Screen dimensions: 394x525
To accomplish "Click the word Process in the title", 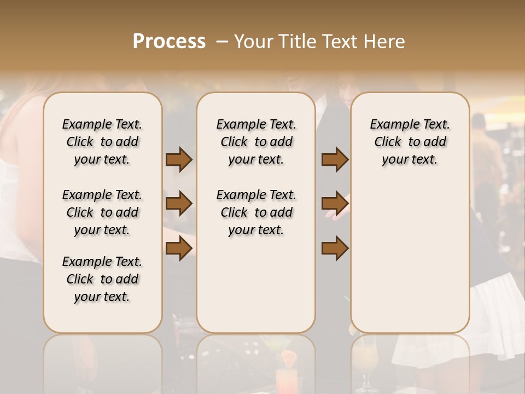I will (x=169, y=41).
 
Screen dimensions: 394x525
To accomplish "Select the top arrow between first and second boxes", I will (x=179, y=160).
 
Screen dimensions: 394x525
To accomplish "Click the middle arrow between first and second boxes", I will (x=179, y=204).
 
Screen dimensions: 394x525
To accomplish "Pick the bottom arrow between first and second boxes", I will (x=179, y=248).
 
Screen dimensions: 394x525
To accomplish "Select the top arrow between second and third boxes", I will (x=335, y=160).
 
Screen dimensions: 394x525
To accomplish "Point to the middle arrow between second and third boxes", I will (x=335, y=204).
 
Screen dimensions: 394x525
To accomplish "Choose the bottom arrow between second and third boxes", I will (x=335, y=248).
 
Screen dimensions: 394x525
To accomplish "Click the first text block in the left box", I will (x=102, y=142).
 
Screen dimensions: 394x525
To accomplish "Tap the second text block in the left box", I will (x=102, y=212).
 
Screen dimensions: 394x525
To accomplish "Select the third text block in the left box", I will (x=102, y=279).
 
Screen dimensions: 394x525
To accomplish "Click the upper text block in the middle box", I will (x=256, y=142).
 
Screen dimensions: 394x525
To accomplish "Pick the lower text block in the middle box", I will (x=256, y=212).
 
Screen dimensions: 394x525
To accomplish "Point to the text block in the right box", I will (x=410, y=142).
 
